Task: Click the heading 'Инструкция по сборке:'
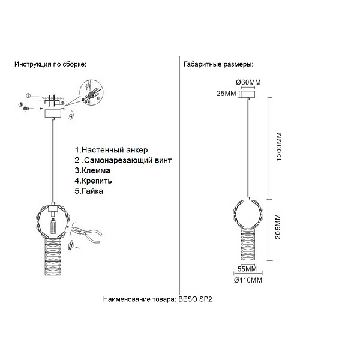click(x=50, y=64)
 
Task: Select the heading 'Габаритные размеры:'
click(x=218, y=64)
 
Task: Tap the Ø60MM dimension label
click(x=248, y=82)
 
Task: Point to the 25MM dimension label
click(x=226, y=94)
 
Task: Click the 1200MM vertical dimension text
click(x=279, y=147)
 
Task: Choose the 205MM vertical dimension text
click(x=278, y=227)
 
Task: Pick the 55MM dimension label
click(x=247, y=269)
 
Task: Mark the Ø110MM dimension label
click(x=248, y=280)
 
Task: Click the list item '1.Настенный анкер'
click(x=111, y=150)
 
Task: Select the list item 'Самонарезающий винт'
click(x=128, y=160)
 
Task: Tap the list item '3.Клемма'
click(x=92, y=170)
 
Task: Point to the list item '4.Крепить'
click(x=93, y=181)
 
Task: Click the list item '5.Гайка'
click(x=89, y=191)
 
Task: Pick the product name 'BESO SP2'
click(x=195, y=299)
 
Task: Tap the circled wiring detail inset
click(x=91, y=92)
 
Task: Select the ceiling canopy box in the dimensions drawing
click(x=247, y=94)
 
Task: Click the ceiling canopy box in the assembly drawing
click(x=53, y=113)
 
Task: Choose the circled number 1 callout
click(x=28, y=96)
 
